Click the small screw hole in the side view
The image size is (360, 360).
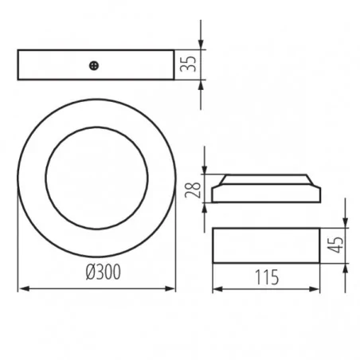pos(96,65)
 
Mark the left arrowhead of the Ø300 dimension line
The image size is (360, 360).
pos(22,288)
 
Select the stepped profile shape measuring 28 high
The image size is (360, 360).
pos(266,190)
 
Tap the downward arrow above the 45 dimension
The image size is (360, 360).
pos(346,222)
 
